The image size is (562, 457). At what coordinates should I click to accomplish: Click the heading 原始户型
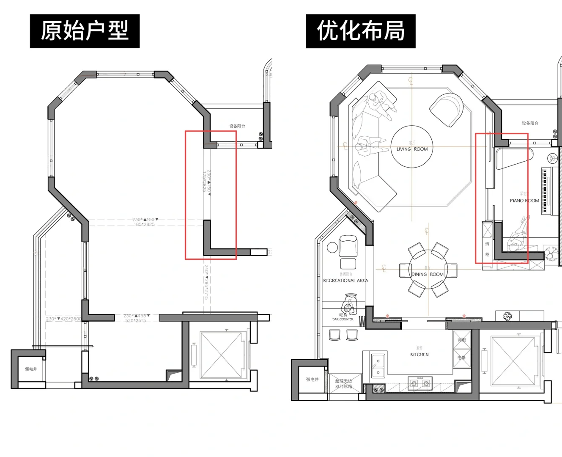tap(85, 31)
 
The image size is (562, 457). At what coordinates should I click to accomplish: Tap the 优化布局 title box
tap(361, 31)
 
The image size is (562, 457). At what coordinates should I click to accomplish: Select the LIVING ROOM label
tap(412, 149)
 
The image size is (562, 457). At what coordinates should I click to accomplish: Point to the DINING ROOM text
tap(428, 274)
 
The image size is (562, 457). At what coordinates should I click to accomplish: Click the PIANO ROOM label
tap(524, 201)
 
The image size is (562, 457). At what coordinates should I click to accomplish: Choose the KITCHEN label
tap(419, 355)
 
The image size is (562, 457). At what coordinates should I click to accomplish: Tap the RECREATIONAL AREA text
tap(345, 281)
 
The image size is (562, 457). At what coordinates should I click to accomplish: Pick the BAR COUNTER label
tap(343, 319)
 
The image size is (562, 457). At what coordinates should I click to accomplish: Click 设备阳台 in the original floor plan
tap(237, 126)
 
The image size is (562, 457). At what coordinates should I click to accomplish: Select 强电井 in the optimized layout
tap(312, 380)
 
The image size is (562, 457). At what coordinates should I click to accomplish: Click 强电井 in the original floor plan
tap(31, 369)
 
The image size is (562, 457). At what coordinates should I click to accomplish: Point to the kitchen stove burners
tap(420, 383)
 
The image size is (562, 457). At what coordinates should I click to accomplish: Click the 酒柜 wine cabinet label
tap(487, 249)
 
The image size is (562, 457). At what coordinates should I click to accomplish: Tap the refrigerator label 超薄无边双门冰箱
tap(344, 384)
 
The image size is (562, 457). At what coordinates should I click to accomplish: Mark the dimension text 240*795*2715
tap(206, 283)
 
